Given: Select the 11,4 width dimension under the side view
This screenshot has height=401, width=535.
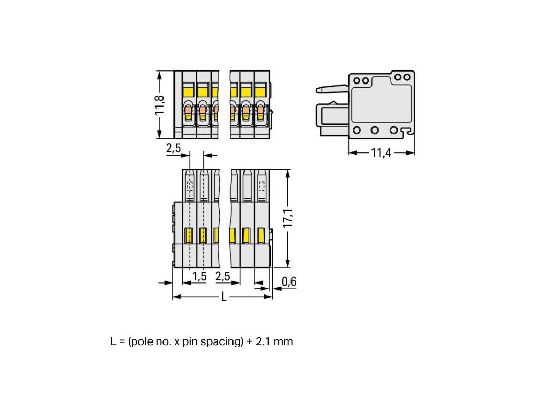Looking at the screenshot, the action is click(x=381, y=154).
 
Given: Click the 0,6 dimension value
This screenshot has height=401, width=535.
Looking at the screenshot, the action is click(x=288, y=282).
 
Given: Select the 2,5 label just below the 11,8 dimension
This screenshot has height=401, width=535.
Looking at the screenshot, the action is click(x=173, y=148).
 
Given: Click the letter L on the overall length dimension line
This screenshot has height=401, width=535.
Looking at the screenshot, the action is click(x=224, y=297).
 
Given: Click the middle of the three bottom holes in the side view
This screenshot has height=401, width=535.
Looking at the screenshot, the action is click(x=375, y=130).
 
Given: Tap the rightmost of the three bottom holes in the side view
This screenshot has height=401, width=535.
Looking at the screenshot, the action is click(x=394, y=130).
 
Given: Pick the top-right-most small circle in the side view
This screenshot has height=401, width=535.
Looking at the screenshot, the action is click(x=406, y=77).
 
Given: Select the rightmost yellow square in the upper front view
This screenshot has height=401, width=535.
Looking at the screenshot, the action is click(x=260, y=91).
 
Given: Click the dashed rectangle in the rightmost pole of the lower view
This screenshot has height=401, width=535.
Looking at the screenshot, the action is click(x=262, y=185).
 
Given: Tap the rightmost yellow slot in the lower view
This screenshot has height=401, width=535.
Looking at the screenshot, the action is click(x=260, y=235).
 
